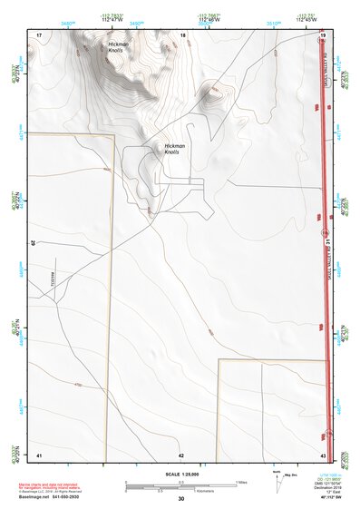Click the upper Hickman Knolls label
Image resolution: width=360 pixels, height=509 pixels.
[x=118, y=47]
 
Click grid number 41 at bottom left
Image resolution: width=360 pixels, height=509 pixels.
[x=39, y=454]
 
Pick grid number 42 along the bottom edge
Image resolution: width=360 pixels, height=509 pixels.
[x=181, y=454]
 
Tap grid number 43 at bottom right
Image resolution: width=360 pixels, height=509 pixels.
[x=323, y=454]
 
